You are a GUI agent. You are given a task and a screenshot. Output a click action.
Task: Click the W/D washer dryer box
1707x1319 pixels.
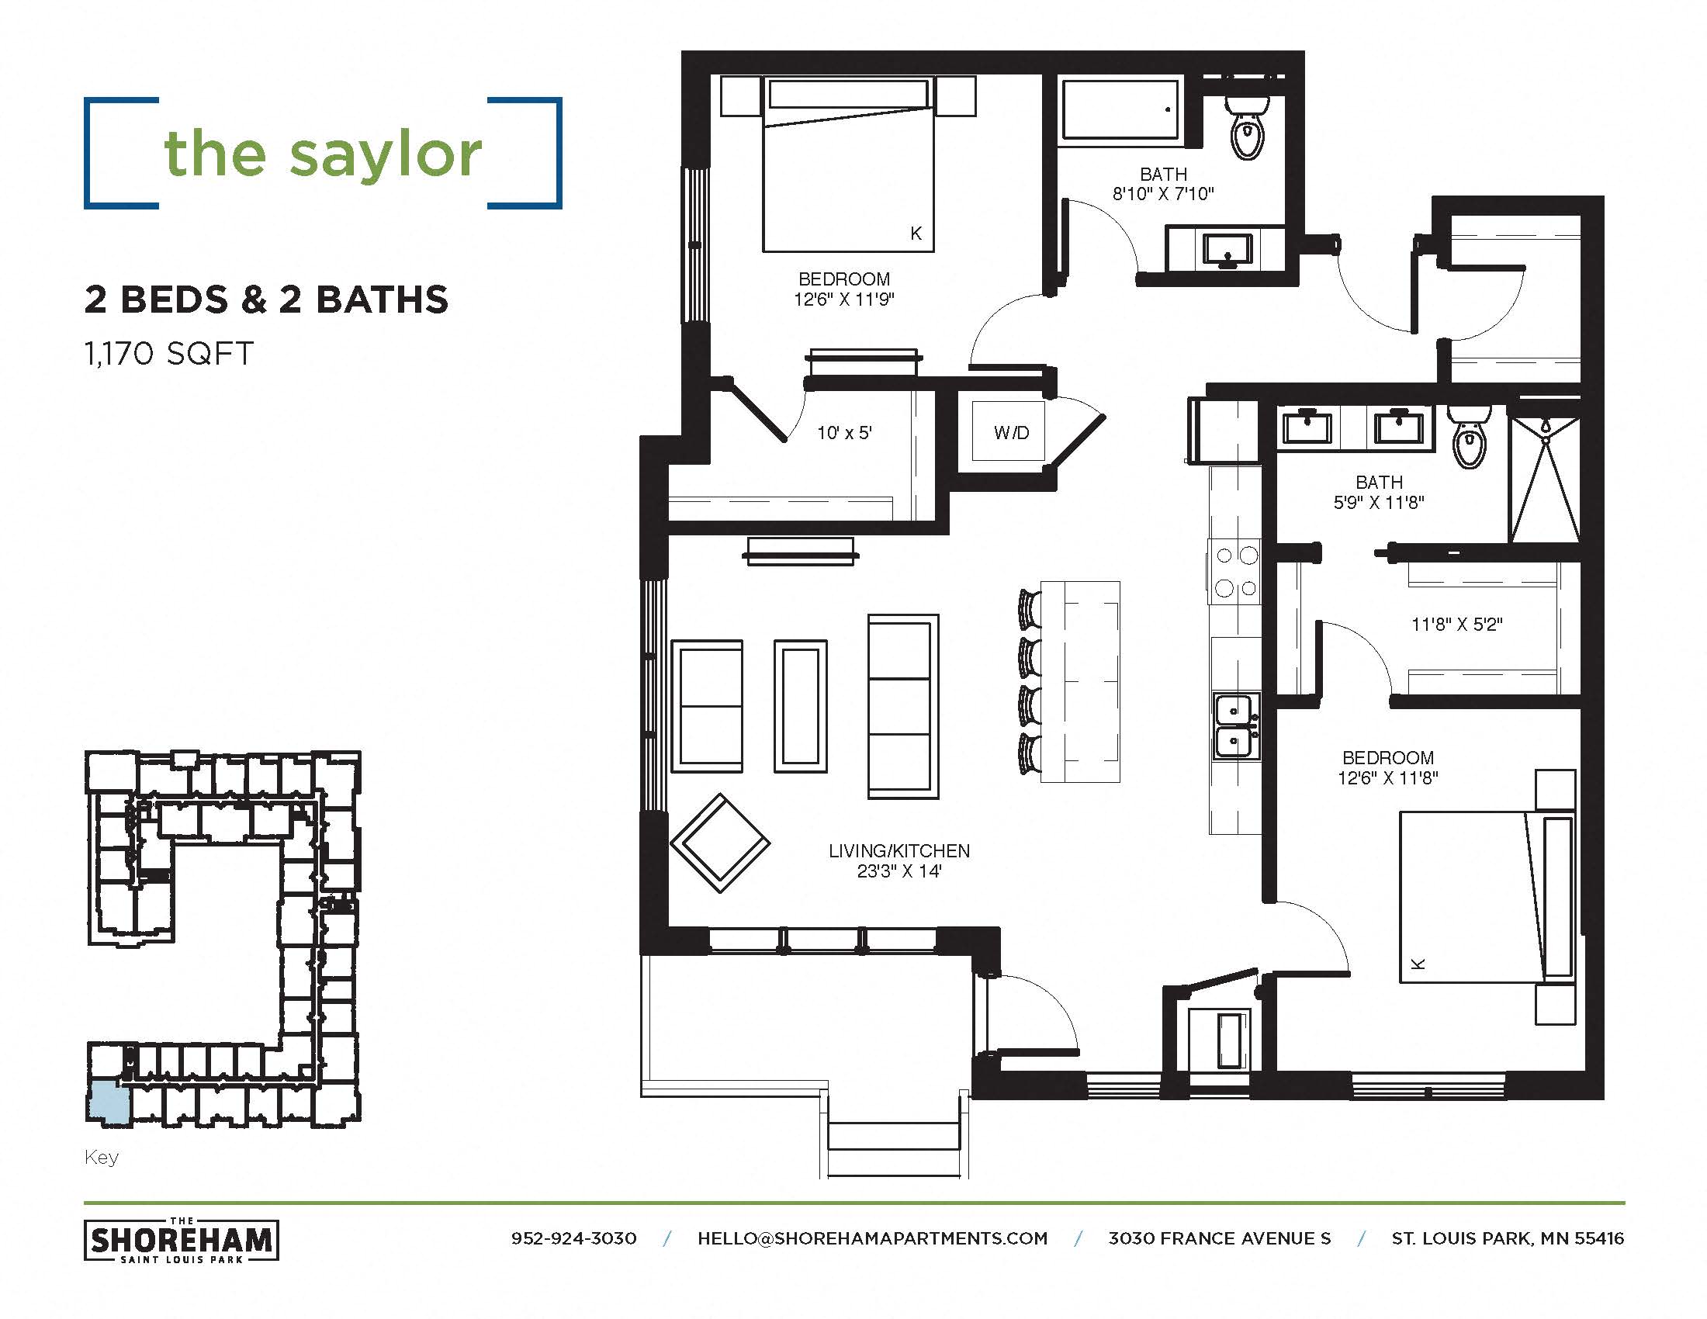[x=1010, y=432]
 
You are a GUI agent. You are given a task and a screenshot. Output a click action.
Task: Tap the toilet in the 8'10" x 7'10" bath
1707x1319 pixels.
[x=1246, y=130]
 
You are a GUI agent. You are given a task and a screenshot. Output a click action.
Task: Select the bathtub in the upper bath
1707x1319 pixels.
[x=1119, y=109]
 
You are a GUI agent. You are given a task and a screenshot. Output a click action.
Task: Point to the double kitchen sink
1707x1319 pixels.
[x=1236, y=726]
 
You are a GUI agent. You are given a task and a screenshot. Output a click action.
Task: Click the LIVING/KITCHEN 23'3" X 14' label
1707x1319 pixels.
[x=899, y=860]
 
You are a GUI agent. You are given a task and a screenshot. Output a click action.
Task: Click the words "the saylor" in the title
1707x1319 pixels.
[x=323, y=154]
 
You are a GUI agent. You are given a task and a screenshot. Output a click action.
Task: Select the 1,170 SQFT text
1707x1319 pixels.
[x=169, y=354]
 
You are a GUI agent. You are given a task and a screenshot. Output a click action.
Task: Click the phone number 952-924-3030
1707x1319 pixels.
[x=573, y=1238]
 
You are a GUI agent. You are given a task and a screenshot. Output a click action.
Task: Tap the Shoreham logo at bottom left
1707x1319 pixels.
[x=182, y=1241]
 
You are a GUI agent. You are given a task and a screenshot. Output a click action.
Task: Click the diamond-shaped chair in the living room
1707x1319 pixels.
[x=720, y=843]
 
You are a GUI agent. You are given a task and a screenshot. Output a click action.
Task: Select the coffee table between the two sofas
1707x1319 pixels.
[x=801, y=705]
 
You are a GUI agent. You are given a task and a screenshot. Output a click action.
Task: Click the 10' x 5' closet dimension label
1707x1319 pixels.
[x=844, y=433]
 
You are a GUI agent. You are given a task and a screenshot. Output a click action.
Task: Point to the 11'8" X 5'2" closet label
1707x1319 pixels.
[x=1457, y=625]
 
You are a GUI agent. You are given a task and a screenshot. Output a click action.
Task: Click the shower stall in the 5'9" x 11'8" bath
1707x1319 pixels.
[x=1544, y=479]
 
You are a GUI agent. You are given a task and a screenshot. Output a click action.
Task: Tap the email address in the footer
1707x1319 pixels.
[x=872, y=1238]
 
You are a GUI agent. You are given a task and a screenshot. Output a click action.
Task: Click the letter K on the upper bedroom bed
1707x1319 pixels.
[x=916, y=233]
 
